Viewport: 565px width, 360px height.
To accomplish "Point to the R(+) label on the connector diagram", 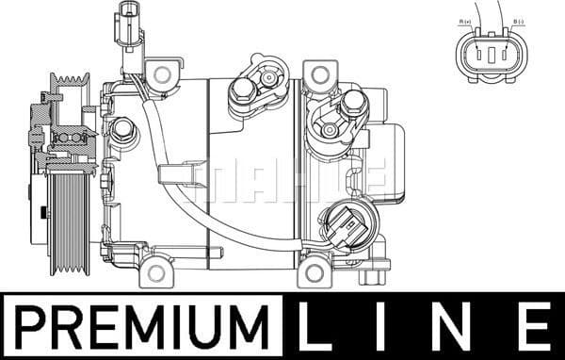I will point(465,22).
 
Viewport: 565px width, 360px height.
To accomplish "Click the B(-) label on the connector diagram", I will point(518,22).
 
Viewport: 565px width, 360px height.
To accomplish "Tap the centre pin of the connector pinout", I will point(491,57).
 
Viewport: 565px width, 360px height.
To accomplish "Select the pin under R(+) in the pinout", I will point(476,57).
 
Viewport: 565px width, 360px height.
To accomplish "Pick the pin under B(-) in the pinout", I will point(506,57).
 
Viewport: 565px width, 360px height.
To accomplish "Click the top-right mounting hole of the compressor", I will point(321,74).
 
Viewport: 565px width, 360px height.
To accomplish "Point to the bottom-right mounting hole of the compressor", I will point(314,274).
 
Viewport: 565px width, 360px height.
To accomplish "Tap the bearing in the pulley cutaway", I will point(72,138).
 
